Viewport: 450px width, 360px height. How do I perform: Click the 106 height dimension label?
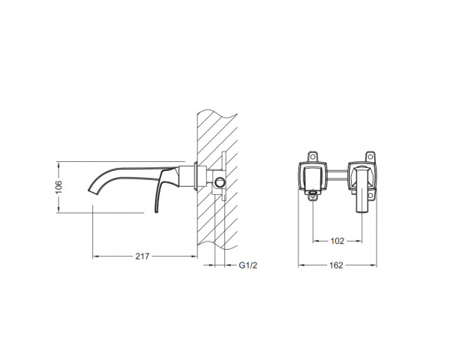tap(58, 187)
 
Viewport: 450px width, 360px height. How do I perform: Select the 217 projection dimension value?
tap(142, 256)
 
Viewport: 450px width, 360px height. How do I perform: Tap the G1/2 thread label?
tap(248, 265)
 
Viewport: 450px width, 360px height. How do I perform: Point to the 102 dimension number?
tap(337, 241)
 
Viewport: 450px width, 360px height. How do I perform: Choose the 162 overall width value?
tap(336, 265)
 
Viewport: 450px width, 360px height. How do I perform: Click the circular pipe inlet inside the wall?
tap(220, 182)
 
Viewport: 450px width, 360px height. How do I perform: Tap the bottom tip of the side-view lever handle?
tap(156, 211)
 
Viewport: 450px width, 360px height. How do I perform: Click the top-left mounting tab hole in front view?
tap(313, 157)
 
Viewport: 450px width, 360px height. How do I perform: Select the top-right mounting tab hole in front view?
tap(370, 157)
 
